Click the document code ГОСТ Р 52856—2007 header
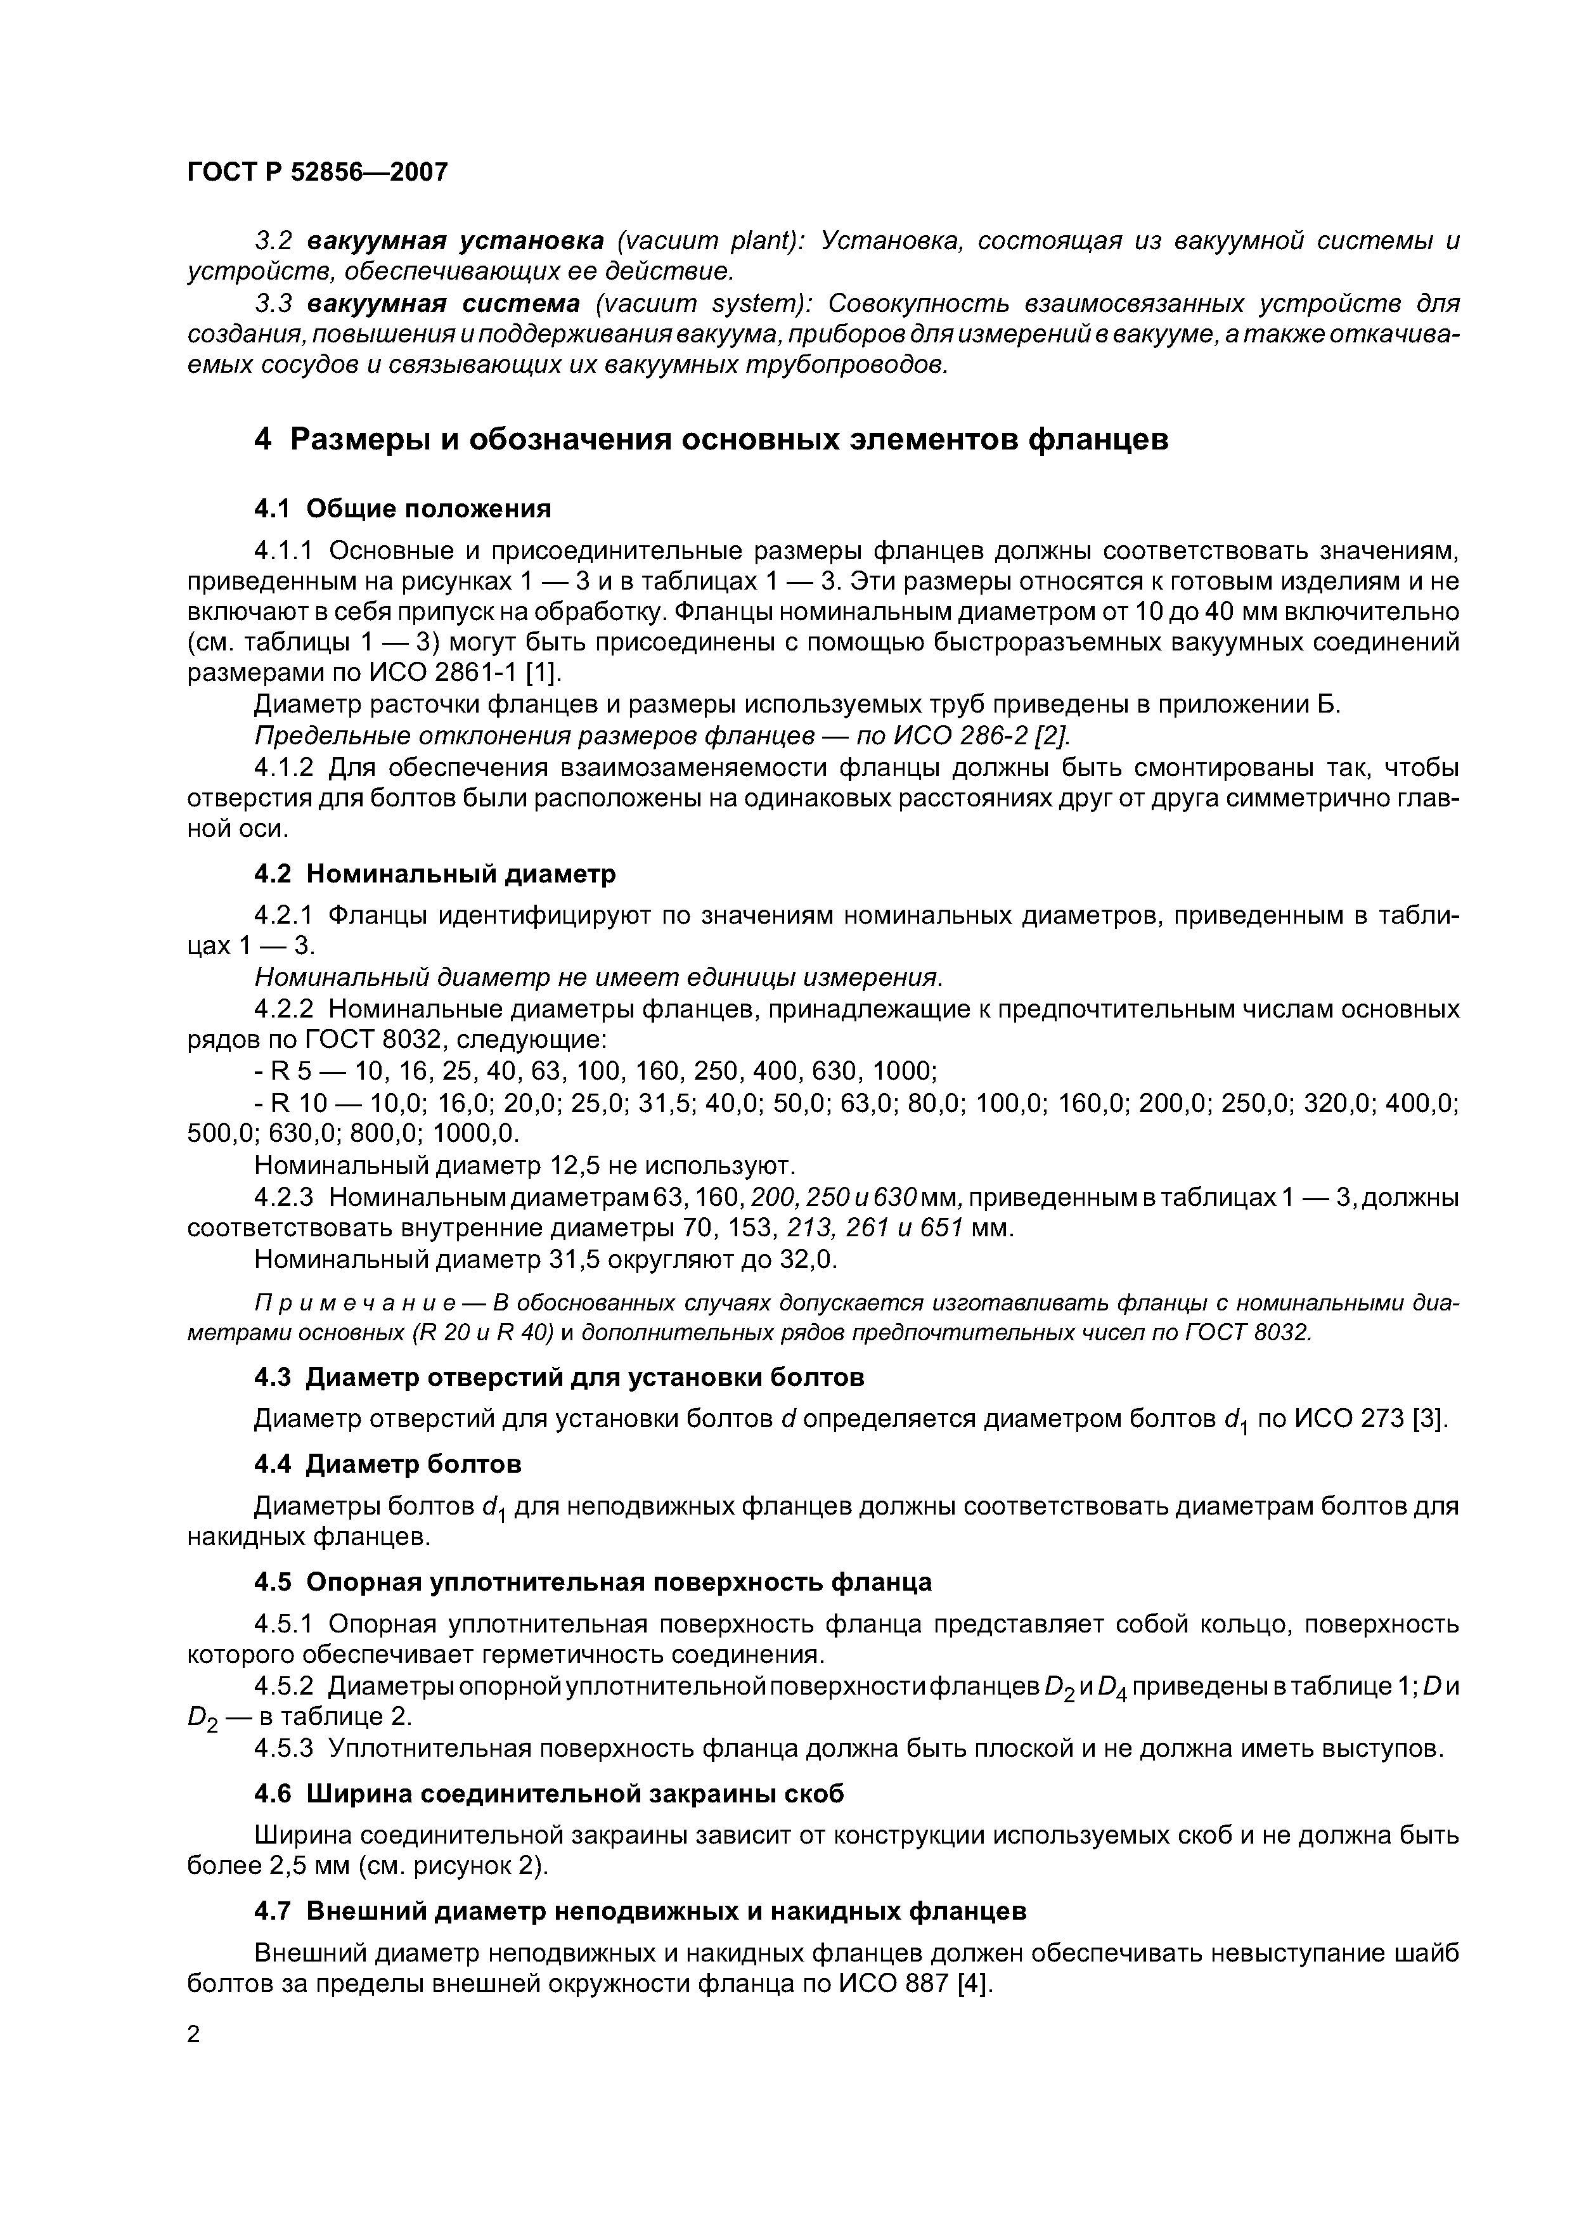(317, 172)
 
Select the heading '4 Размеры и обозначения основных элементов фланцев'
(711, 440)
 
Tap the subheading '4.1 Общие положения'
(402, 508)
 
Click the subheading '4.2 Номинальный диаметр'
(434, 874)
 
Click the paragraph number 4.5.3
(287, 1749)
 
